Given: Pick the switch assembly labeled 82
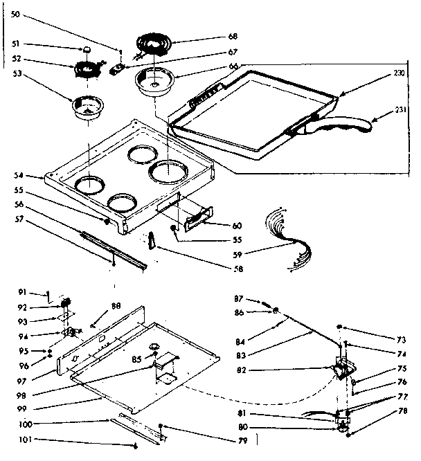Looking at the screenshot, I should tap(341, 370).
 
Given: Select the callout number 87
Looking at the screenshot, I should tap(238, 298).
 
